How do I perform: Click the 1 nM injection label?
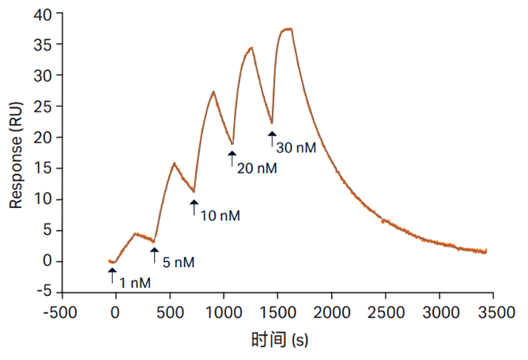136,283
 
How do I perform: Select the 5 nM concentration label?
179,263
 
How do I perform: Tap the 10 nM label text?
219,216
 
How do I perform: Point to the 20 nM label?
257,168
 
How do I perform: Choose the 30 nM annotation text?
296,148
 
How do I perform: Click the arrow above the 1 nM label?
112,275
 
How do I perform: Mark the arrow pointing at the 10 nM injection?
194,208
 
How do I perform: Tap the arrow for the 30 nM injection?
272,139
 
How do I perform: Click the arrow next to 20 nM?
232,158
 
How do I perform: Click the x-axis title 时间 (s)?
280,340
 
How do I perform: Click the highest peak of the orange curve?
287,29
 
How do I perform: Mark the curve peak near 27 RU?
214,92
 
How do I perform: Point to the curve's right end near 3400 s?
487,251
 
